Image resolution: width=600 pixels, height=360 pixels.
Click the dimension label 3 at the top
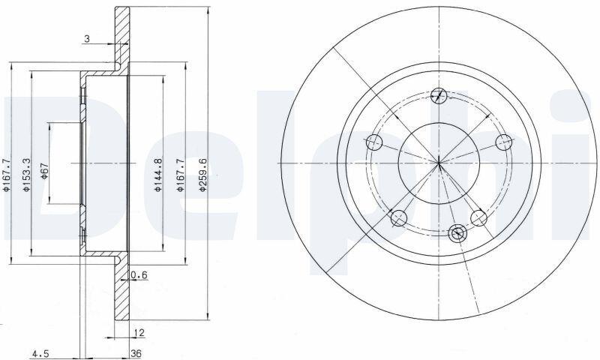87,39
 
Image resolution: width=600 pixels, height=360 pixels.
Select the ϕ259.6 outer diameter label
202,175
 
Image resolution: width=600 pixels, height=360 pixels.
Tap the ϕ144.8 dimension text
158,175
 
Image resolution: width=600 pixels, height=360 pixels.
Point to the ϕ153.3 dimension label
26,175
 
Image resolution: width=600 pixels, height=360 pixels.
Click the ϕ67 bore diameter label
44,171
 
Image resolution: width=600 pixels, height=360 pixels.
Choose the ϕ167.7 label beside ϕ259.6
181,175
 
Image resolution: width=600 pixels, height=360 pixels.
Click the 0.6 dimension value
139,274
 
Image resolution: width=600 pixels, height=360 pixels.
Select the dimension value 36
136,353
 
